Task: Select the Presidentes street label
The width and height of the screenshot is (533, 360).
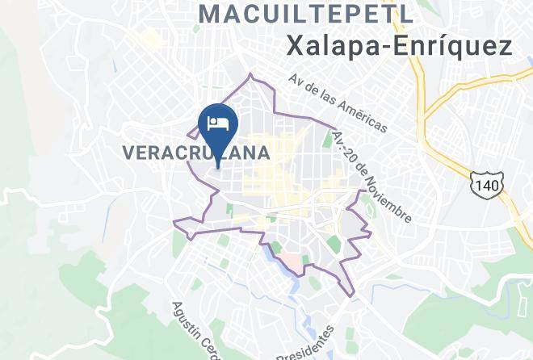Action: click(305, 343)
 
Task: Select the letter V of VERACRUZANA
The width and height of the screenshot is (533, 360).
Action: click(128, 151)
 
